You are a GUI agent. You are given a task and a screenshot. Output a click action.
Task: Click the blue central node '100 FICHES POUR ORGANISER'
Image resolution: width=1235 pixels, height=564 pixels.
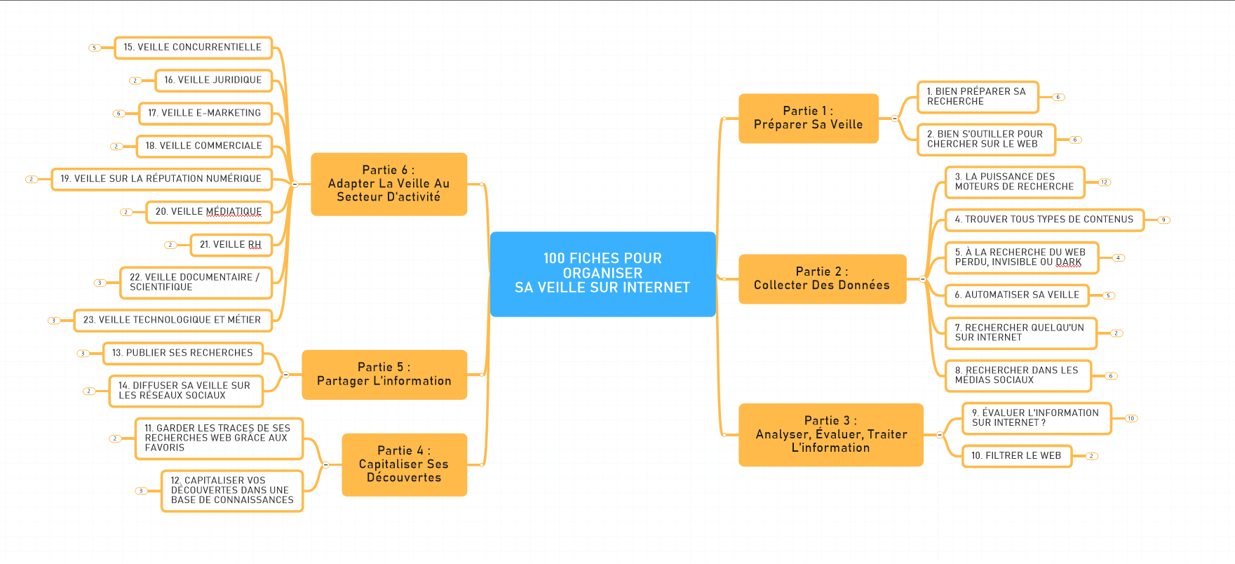[x=602, y=274]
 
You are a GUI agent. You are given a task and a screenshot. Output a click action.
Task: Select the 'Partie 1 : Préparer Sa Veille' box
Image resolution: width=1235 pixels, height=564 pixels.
[x=808, y=118]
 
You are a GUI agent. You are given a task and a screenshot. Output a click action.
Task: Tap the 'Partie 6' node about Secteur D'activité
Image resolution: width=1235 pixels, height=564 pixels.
[x=389, y=184]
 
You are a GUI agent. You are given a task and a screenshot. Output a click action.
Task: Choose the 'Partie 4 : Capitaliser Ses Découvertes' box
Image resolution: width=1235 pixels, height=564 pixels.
[x=404, y=464]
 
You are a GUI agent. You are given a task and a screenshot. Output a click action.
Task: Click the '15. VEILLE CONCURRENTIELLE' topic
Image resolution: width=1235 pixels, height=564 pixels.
[x=193, y=48]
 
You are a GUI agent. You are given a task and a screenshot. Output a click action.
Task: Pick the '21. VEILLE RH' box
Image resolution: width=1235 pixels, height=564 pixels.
[x=231, y=245]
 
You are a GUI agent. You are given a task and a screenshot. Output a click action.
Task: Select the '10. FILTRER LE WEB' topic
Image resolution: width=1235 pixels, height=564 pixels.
[x=1016, y=456]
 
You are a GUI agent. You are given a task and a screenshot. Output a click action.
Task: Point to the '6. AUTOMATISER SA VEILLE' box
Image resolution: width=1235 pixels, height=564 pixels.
[x=1017, y=295]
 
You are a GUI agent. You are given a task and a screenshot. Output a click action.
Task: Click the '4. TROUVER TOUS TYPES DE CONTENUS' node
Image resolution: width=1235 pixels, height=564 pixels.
[x=1044, y=220]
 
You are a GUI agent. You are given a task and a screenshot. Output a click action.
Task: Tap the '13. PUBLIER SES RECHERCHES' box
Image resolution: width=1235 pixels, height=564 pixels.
[x=182, y=353]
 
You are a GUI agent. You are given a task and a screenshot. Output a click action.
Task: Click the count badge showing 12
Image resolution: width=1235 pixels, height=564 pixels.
[x=1105, y=182]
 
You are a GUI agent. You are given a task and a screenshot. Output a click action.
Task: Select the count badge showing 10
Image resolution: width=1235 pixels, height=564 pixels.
[x=1131, y=419]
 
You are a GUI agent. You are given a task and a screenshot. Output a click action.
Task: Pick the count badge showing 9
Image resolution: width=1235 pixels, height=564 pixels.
[x=1163, y=220]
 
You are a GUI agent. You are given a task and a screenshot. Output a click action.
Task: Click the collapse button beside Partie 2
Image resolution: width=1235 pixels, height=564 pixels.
[x=922, y=279]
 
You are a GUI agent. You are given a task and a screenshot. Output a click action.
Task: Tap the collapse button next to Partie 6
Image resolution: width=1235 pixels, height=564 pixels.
[x=295, y=184]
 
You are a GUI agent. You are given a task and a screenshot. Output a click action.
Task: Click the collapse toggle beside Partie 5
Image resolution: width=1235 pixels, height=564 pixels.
[x=285, y=375]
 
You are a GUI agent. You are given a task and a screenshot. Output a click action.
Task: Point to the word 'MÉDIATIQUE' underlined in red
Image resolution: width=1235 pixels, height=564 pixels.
[x=234, y=212]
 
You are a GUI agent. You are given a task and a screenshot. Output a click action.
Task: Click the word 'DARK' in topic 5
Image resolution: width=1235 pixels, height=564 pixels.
[x=1069, y=262]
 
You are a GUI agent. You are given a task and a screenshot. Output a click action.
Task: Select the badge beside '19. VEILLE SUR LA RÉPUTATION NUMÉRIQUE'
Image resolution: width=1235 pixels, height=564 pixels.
[x=31, y=180]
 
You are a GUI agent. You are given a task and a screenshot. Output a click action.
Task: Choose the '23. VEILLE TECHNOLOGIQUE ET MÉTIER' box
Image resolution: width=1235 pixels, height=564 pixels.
[x=172, y=320]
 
